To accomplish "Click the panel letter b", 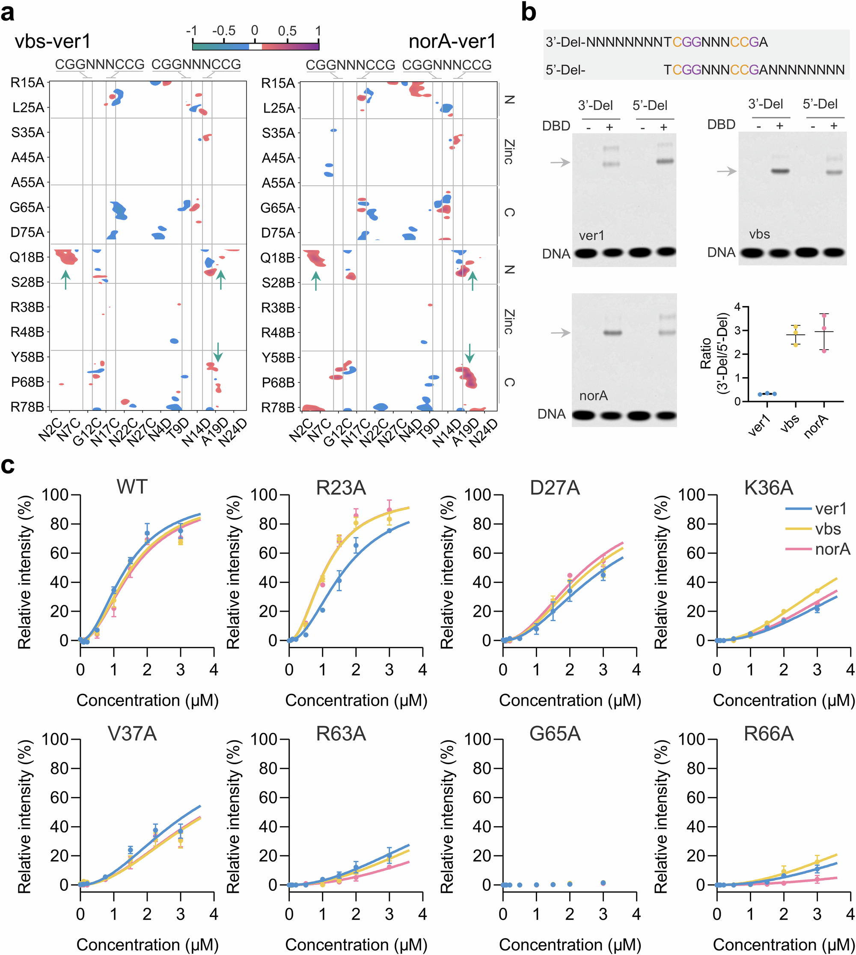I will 529,13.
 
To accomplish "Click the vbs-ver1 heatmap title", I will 52,42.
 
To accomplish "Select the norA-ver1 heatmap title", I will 452,42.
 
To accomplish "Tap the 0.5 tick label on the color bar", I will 287,31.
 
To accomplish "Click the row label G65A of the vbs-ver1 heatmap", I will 27,207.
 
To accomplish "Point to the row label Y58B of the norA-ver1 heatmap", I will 277,357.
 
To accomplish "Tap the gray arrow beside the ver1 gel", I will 560,162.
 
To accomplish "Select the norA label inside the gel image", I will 594,396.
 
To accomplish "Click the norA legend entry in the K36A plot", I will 832,549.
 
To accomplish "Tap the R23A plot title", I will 341,488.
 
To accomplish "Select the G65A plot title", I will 555,734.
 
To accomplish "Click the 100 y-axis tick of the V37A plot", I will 55,740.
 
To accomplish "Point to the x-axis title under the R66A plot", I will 784,945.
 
